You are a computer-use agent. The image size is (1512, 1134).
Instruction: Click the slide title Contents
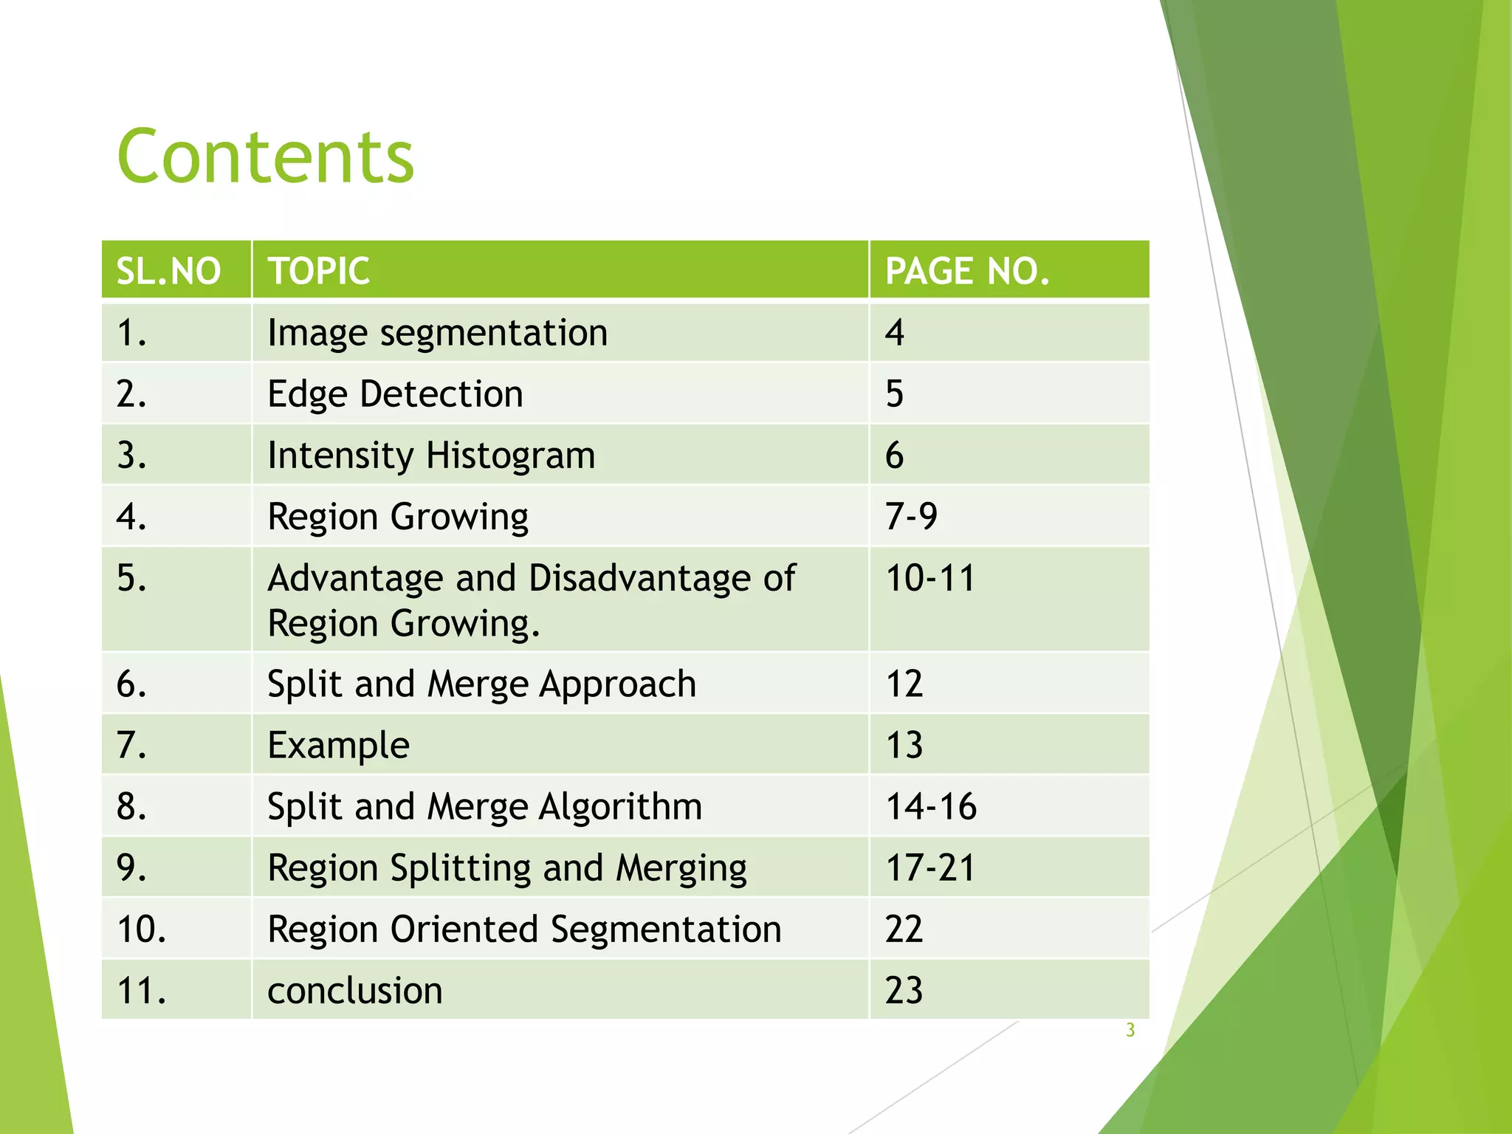266,157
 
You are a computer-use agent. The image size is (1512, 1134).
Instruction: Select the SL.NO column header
168,271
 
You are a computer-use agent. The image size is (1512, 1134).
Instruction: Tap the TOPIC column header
318,271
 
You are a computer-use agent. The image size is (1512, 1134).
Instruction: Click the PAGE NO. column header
966,271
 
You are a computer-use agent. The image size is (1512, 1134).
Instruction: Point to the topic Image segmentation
437,333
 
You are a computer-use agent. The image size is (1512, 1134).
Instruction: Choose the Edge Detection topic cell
395,394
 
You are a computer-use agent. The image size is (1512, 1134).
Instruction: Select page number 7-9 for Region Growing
911,516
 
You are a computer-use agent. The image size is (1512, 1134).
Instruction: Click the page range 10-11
930,578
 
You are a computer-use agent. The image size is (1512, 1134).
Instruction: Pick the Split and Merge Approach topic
481,684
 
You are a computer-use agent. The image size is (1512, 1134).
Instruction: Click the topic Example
338,746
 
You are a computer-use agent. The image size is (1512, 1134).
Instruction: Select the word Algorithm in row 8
620,807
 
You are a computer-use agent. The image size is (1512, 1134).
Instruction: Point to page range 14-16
931,807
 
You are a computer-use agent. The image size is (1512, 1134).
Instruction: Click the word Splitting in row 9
461,868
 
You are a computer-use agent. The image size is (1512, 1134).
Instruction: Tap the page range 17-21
930,868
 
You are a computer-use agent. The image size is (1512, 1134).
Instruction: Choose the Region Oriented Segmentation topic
524,929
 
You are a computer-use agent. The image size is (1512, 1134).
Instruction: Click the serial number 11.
142,991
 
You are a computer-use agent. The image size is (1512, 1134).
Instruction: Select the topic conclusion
354,991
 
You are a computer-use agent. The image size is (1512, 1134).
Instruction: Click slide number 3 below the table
1130,1031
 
